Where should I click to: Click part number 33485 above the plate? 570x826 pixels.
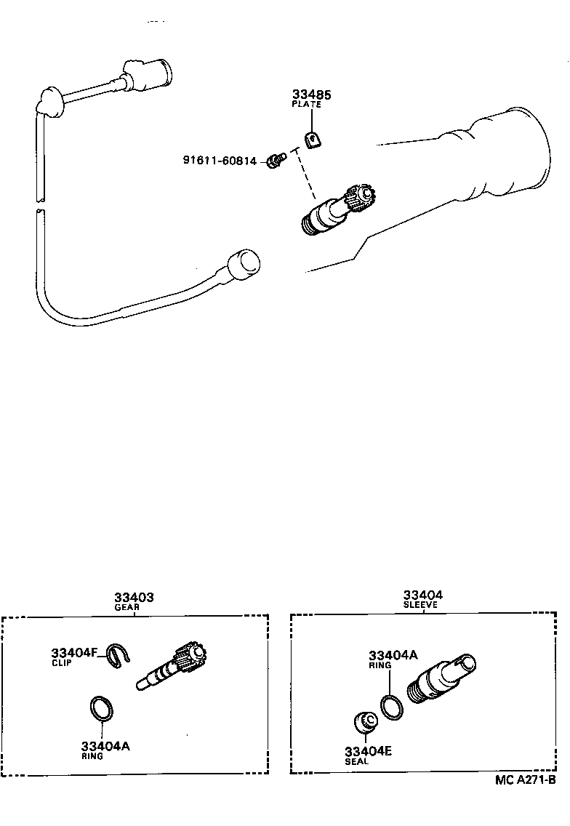[310, 95]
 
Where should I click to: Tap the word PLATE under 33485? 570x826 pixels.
[306, 105]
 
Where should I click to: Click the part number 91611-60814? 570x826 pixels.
[220, 161]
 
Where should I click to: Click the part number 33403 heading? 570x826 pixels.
[134, 598]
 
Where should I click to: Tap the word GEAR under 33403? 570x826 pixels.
[127, 607]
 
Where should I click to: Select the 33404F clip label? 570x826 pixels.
[74, 652]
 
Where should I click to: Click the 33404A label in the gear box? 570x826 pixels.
[105, 746]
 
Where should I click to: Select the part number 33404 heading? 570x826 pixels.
[423, 595]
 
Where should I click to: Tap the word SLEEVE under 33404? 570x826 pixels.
[422, 604]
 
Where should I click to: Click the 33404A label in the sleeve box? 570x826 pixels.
[393, 655]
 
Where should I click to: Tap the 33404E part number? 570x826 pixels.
[369, 751]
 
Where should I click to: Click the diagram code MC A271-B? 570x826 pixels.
[525, 781]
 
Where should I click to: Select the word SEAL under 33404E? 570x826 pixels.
[356, 761]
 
